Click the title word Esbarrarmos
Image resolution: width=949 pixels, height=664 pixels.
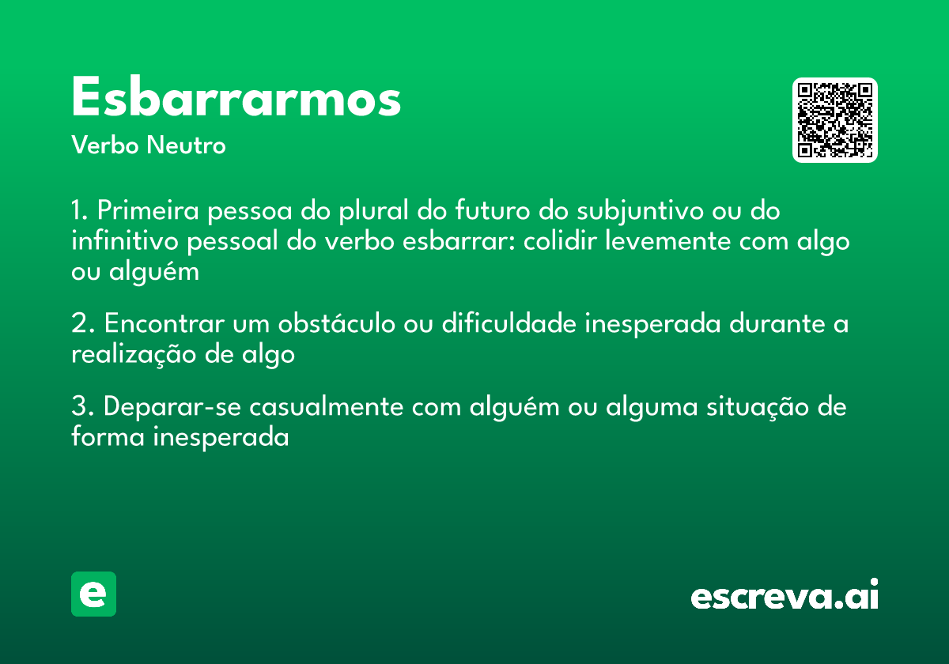pyautogui.click(x=236, y=99)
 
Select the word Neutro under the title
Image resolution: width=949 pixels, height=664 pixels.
pyautogui.click(x=186, y=145)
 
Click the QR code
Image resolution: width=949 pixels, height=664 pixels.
pyautogui.click(x=834, y=120)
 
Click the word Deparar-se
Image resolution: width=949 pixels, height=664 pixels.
pyautogui.click(x=172, y=408)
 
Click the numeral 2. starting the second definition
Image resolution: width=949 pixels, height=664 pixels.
pyautogui.click(x=82, y=325)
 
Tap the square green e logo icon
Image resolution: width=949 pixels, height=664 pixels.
pyautogui.click(x=93, y=594)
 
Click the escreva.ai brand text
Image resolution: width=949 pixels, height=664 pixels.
pyautogui.click(x=784, y=596)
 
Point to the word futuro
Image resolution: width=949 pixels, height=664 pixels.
pyautogui.click(x=491, y=212)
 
